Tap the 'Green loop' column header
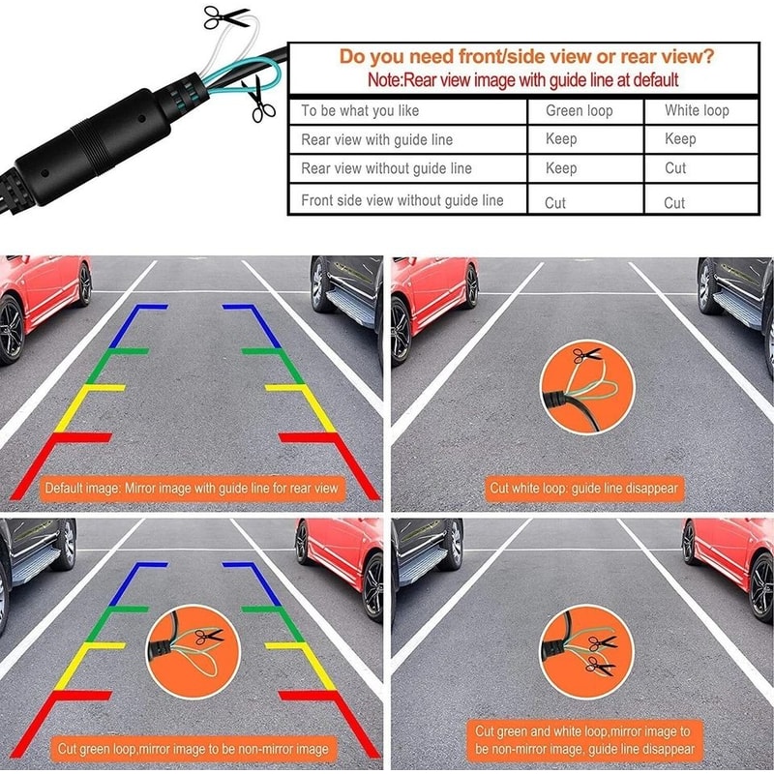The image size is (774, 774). pos(579,110)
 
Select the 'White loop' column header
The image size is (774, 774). pos(696,110)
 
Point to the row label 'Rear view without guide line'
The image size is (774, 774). pos(386,168)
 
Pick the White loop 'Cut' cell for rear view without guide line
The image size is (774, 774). pos(674,168)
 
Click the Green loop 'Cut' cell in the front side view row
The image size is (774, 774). pos(555,203)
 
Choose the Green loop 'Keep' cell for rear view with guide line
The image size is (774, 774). pos(561,139)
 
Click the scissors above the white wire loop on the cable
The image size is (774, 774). pos(224,16)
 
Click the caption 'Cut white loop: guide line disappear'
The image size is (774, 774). pos(583,489)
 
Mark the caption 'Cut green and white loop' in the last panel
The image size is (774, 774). pos(583,740)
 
